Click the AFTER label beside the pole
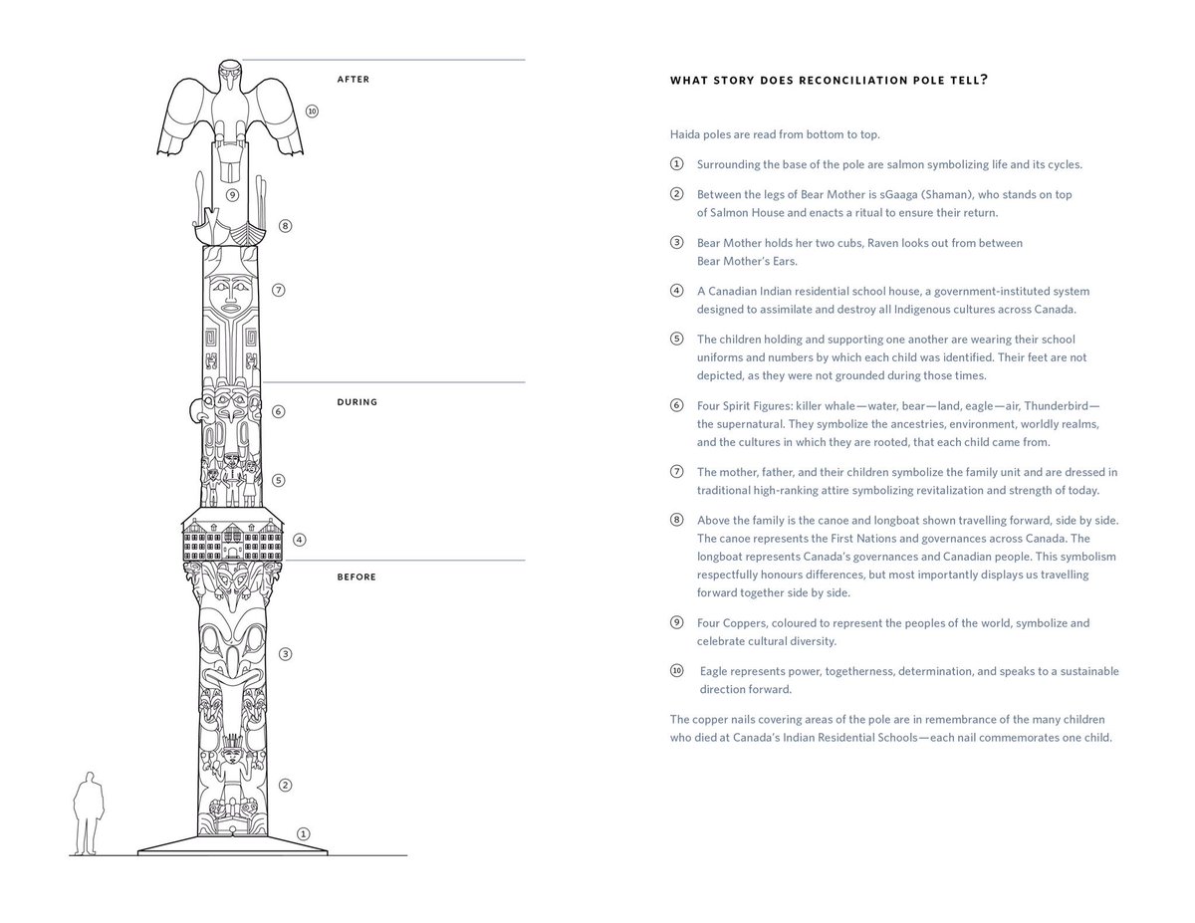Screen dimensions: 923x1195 pyautogui.click(x=353, y=80)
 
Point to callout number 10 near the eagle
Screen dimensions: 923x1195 pyautogui.click(x=312, y=112)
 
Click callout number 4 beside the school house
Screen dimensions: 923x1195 pyautogui.click(x=299, y=540)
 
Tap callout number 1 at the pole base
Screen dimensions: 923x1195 pyautogui.click(x=304, y=833)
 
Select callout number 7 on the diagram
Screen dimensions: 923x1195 pyautogui.click(x=279, y=290)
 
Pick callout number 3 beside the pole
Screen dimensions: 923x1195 pyautogui.click(x=286, y=654)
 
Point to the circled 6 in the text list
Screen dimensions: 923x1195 pyautogui.click(x=677, y=406)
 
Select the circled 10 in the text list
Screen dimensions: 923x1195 pyautogui.click(x=677, y=671)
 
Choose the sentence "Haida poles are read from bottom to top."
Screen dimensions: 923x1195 pyautogui.click(x=774, y=134)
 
